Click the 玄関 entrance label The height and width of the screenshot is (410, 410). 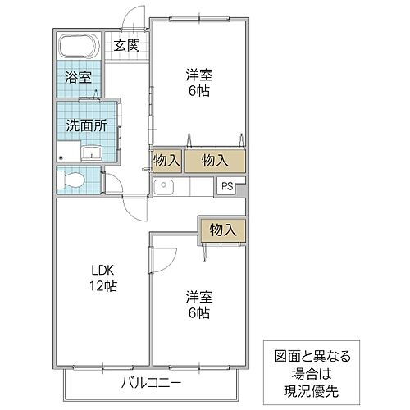click(127, 45)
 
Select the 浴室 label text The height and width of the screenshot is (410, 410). click(79, 80)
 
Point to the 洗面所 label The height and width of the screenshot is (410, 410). click(85, 126)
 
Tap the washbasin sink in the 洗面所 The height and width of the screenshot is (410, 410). click(91, 153)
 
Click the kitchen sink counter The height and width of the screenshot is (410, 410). click(166, 187)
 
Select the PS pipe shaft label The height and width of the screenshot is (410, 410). click(226, 186)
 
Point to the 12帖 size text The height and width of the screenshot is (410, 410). click(102, 286)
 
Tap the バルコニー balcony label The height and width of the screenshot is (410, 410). click(151, 381)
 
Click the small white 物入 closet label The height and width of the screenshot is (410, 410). click(166, 160)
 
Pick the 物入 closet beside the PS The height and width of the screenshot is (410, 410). click(215, 160)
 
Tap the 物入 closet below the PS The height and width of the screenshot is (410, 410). click(222, 230)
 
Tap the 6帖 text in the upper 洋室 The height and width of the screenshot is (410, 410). click(198, 90)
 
